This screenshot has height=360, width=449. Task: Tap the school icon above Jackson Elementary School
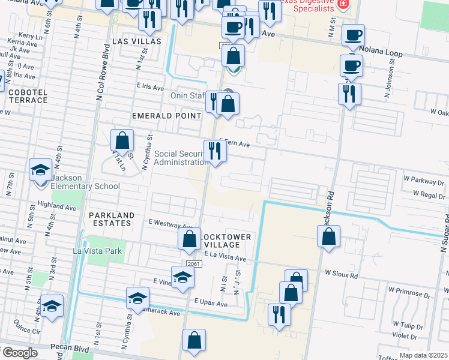(41, 170)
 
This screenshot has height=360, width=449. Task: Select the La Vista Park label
(97, 251)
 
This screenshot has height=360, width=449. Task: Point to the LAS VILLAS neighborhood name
(137, 41)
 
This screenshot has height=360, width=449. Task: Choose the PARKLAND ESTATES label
(110, 219)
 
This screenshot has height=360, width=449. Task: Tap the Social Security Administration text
(181, 158)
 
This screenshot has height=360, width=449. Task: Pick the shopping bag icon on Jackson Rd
(329, 236)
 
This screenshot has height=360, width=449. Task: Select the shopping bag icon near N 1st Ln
(122, 142)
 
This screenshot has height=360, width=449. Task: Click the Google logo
(19, 353)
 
